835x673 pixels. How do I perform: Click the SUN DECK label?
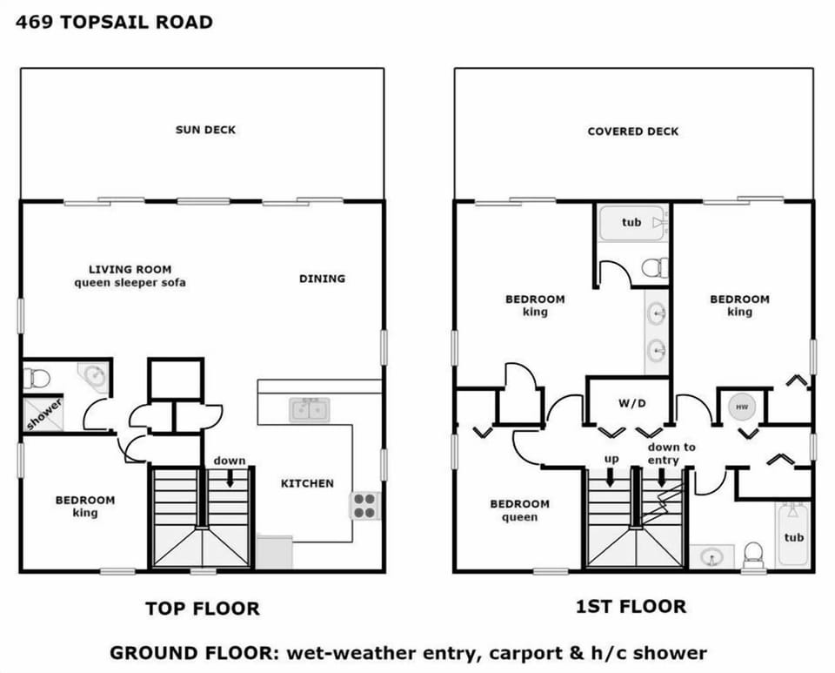point(205,130)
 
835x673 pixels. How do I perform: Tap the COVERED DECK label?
point(632,131)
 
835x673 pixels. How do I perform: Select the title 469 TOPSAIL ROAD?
point(114,23)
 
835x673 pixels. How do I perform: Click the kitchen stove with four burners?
point(364,505)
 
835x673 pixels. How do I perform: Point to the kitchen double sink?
point(309,408)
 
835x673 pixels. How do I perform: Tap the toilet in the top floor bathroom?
point(37,378)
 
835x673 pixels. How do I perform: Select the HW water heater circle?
point(742,407)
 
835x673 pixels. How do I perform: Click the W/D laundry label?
point(631,403)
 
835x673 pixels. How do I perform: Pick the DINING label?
point(322,279)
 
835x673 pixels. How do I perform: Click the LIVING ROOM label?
point(130,269)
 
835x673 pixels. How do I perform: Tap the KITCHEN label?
point(307,483)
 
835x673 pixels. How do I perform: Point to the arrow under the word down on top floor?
point(230,478)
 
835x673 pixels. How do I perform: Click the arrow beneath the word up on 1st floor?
point(610,477)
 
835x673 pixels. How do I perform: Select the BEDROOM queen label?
point(519,510)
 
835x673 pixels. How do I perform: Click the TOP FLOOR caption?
point(202,608)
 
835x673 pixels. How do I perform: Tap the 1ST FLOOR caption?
point(631,606)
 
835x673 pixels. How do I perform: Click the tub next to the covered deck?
point(632,223)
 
